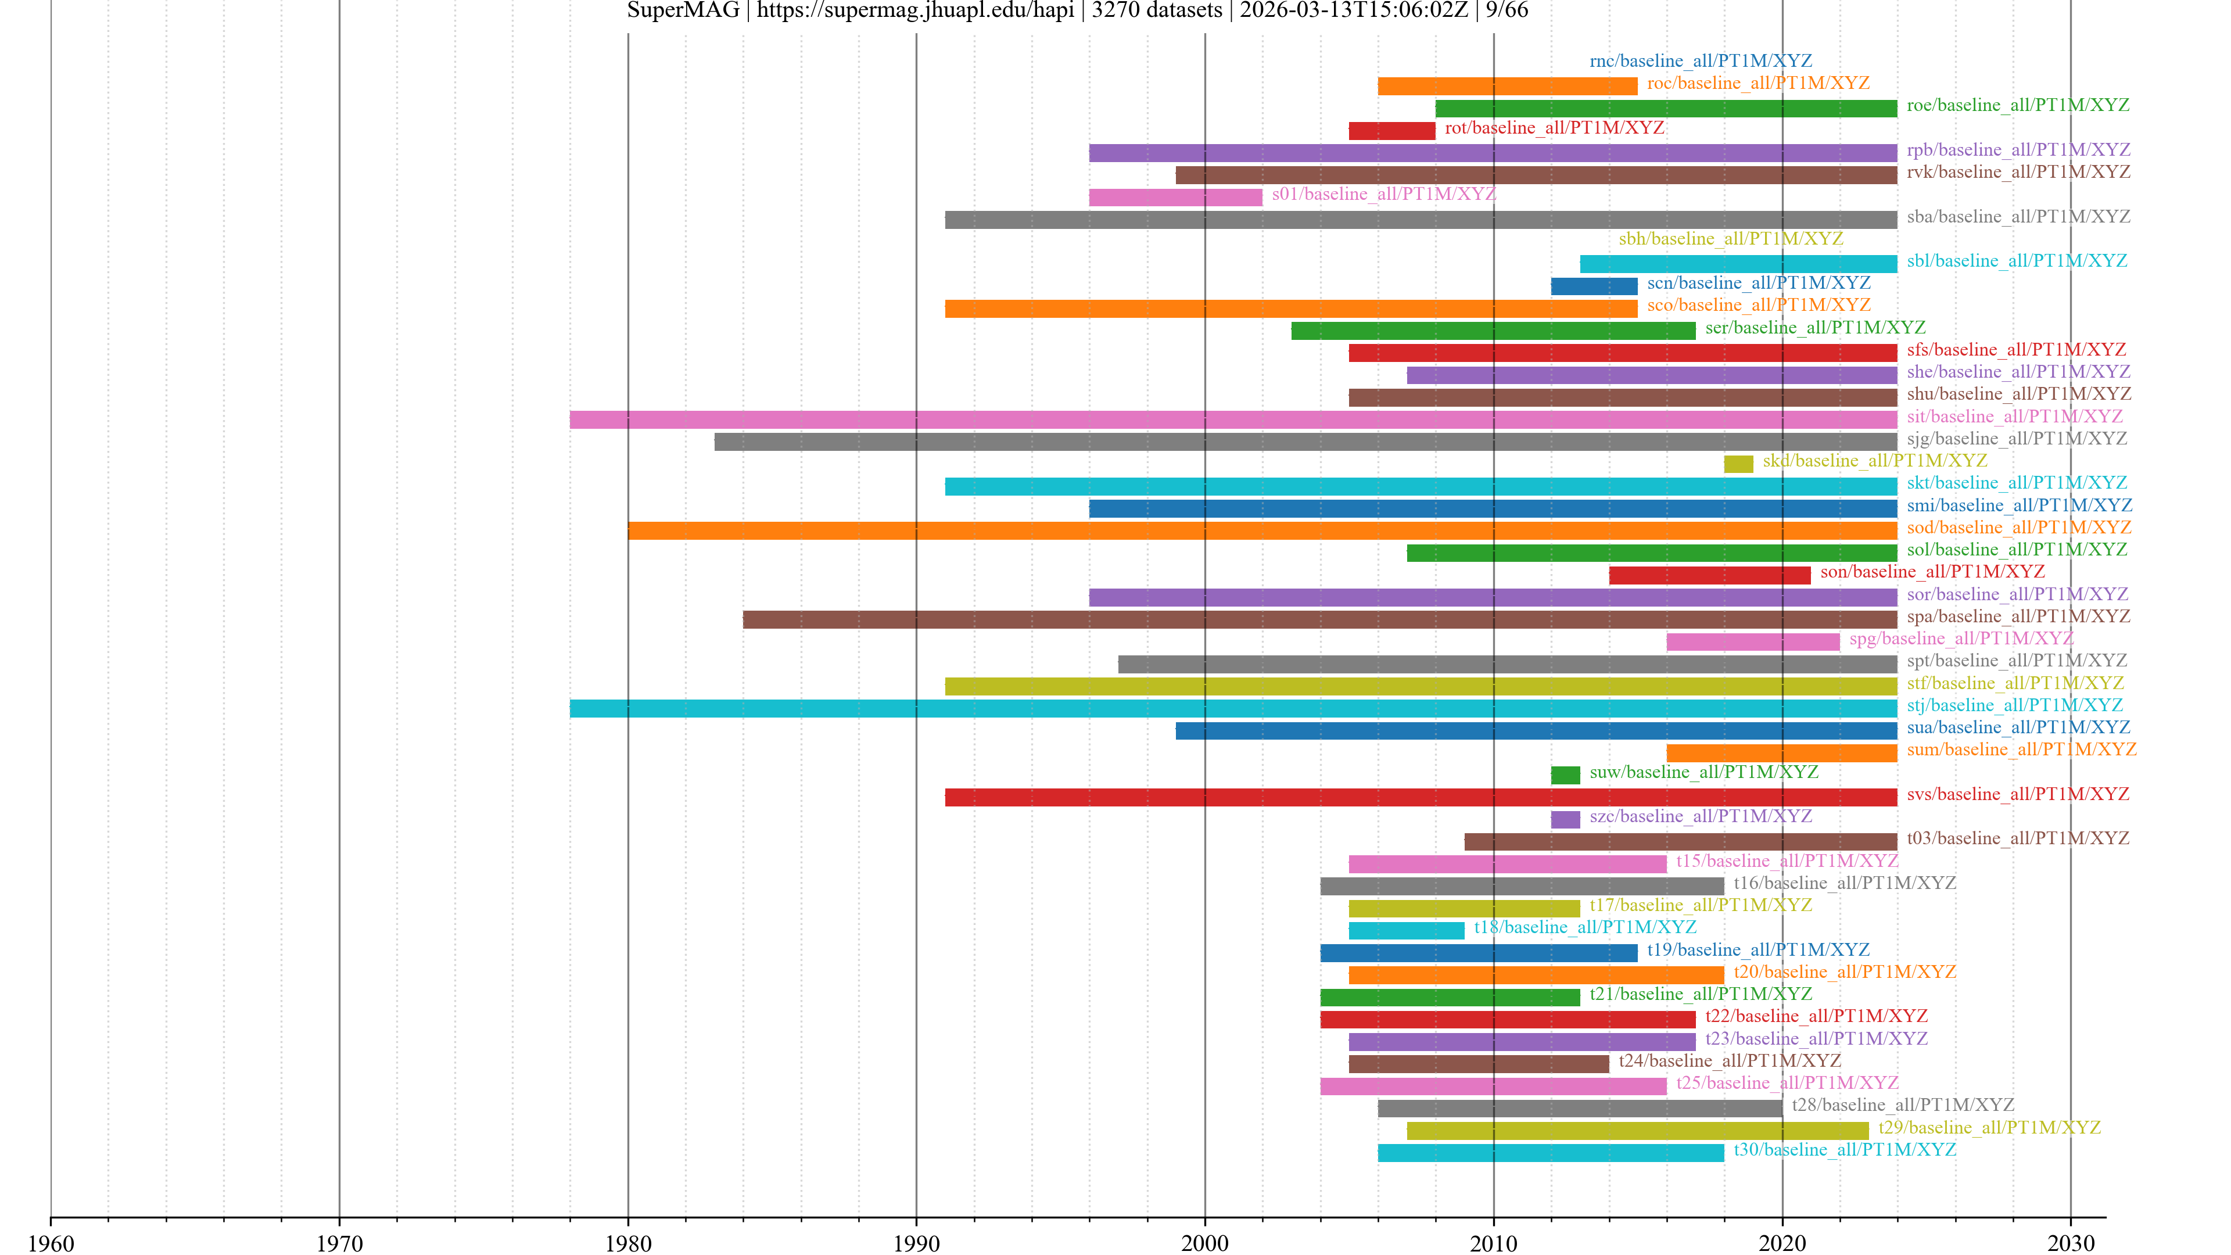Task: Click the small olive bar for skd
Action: tap(1738, 464)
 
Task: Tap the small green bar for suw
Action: tap(1565, 775)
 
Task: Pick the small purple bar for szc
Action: tap(1565, 819)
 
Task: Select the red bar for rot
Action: tap(1392, 131)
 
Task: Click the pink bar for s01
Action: tap(1175, 198)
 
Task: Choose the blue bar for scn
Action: tap(1594, 286)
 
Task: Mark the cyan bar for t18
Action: tap(1407, 931)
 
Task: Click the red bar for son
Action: tap(1710, 575)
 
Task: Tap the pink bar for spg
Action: tap(1753, 642)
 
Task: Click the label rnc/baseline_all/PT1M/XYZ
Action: tap(1700, 60)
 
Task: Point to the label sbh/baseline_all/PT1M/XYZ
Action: tap(1730, 238)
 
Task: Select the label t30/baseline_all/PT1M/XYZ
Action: tap(1845, 1149)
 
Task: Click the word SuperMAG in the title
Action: tap(683, 10)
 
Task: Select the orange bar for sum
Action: tap(1781, 752)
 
